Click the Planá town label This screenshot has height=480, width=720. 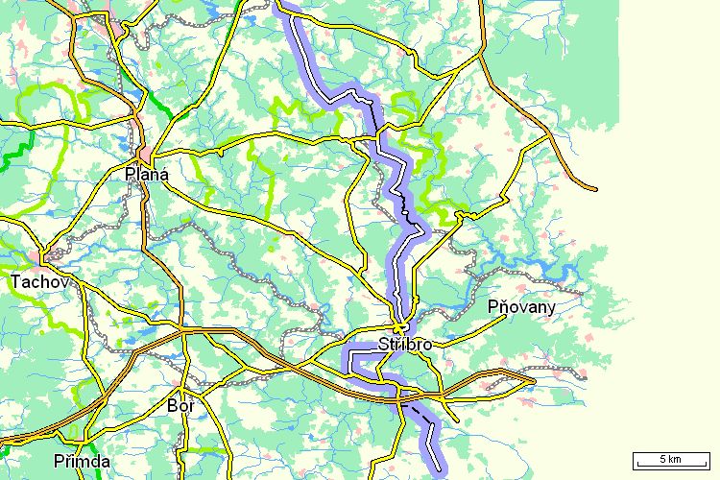tap(147, 175)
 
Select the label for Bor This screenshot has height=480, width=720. tap(180, 407)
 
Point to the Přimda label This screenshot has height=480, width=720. tap(82, 462)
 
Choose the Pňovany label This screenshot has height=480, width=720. tap(521, 307)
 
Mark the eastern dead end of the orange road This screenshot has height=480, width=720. tap(595, 189)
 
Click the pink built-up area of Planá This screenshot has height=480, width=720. tap(144, 154)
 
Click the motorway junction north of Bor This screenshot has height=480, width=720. tap(182, 331)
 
